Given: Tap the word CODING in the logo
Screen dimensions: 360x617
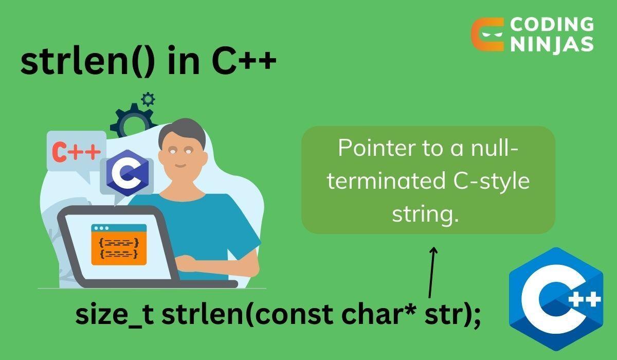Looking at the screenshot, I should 551,24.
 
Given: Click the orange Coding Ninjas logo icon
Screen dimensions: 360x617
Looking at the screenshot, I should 487,34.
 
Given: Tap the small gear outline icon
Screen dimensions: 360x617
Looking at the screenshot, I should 148,98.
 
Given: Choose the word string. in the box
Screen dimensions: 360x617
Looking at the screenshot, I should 425,214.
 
